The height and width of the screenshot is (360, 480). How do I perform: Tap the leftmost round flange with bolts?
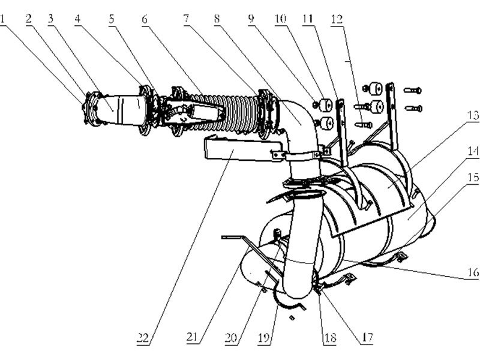click(93, 108)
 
